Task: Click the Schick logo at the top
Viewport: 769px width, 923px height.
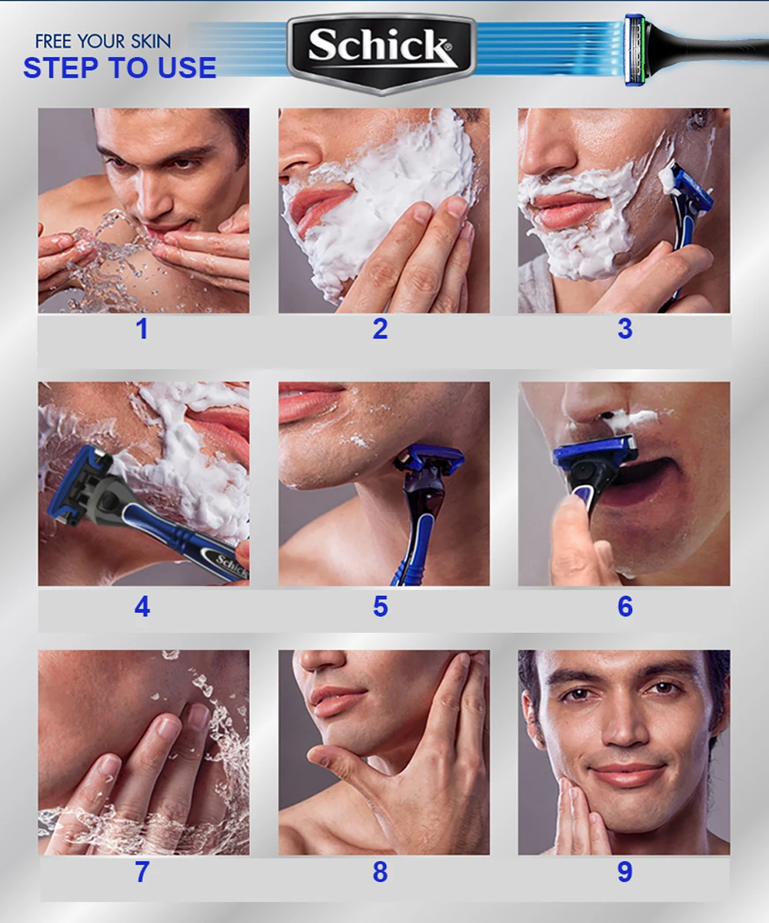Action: pyautogui.click(x=381, y=53)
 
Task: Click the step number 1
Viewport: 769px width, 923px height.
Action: pyautogui.click(x=141, y=329)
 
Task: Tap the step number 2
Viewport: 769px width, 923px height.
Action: pyautogui.click(x=381, y=329)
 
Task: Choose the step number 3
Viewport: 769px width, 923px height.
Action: pyautogui.click(x=625, y=329)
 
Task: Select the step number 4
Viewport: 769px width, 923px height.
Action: pyautogui.click(x=142, y=606)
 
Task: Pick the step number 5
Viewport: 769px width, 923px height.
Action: pyautogui.click(x=381, y=606)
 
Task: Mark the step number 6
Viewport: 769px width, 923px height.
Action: pyautogui.click(x=625, y=606)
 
